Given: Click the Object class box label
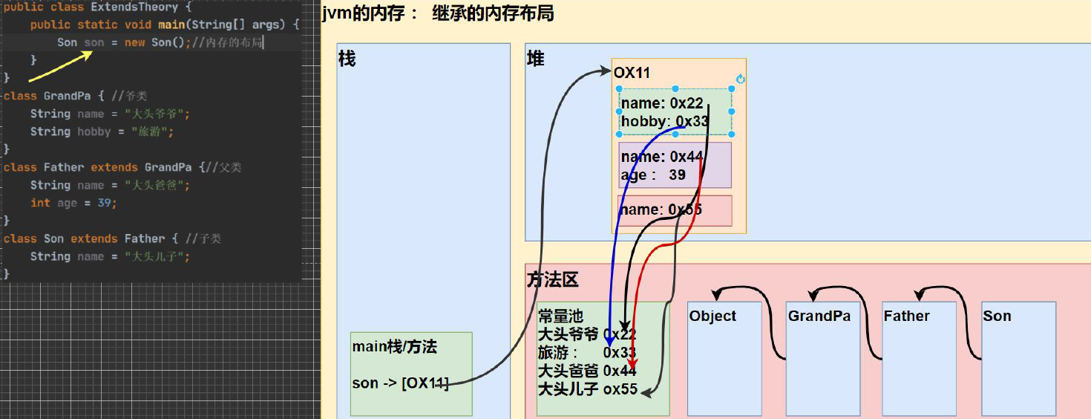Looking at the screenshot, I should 712,316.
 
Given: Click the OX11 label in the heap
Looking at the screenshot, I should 632,73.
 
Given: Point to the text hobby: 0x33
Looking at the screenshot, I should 664,121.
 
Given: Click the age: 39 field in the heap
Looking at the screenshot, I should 653,175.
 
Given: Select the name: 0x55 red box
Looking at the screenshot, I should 675,210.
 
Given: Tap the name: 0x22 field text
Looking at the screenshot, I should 661,103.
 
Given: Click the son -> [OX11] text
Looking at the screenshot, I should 400,383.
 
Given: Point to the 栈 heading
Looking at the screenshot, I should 347,59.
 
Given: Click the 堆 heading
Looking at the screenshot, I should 535,59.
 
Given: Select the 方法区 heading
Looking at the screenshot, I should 552,279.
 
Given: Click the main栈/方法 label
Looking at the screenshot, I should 394,346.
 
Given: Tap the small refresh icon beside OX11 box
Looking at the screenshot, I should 740,79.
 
